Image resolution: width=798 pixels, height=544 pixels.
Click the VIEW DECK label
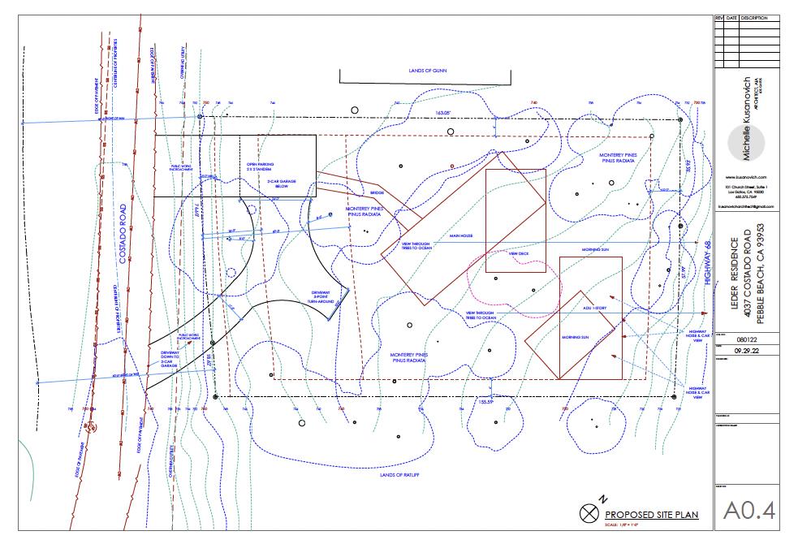pyautogui.click(x=518, y=253)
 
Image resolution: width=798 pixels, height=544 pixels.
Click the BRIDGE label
pyautogui.click(x=377, y=192)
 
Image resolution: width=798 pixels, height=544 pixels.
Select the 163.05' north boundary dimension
pyautogui.click(x=442, y=112)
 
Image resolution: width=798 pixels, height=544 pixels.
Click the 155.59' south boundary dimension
pyautogui.click(x=486, y=402)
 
